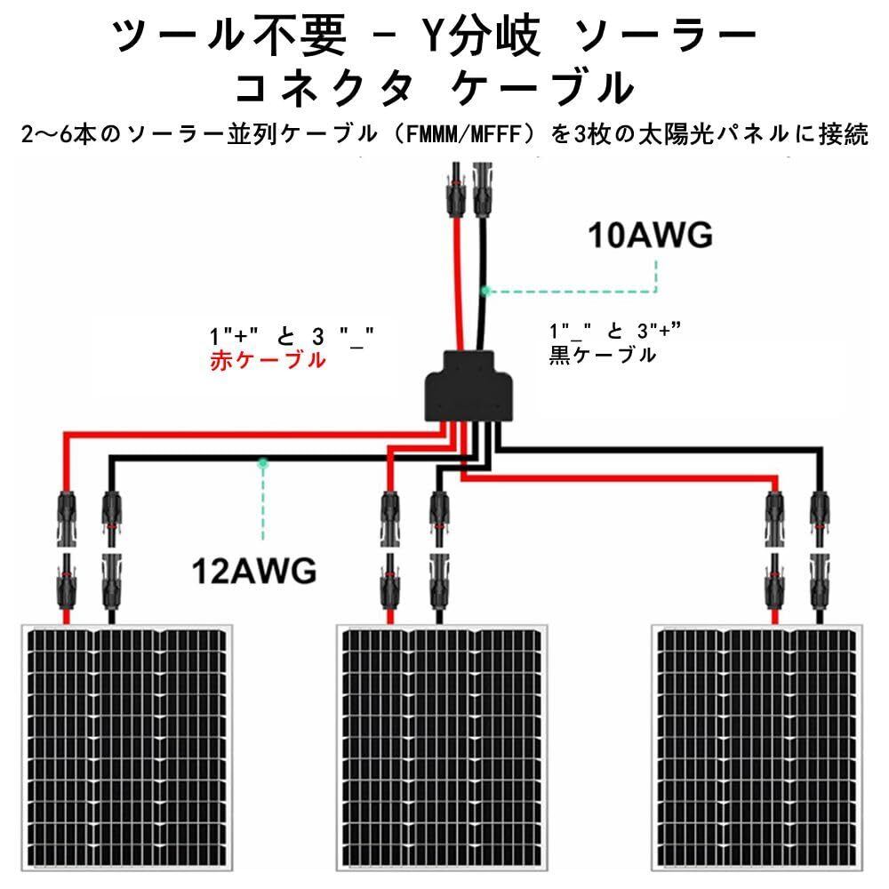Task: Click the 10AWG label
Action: [x=650, y=236]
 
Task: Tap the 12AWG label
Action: [x=254, y=571]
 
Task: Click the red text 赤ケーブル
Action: [x=268, y=360]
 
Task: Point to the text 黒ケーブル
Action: [x=603, y=355]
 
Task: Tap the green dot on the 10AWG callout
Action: [x=485, y=292]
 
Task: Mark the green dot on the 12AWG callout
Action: [x=262, y=463]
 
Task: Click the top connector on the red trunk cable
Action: [x=456, y=189]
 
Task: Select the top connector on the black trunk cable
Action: [x=483, y=189]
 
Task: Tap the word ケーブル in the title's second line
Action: [x=542, y=89]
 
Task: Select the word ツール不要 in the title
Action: [x=228, y=36]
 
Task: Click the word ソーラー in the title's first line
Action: [x=666, y=36]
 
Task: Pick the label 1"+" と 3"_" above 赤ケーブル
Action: [x=292, y=337]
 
